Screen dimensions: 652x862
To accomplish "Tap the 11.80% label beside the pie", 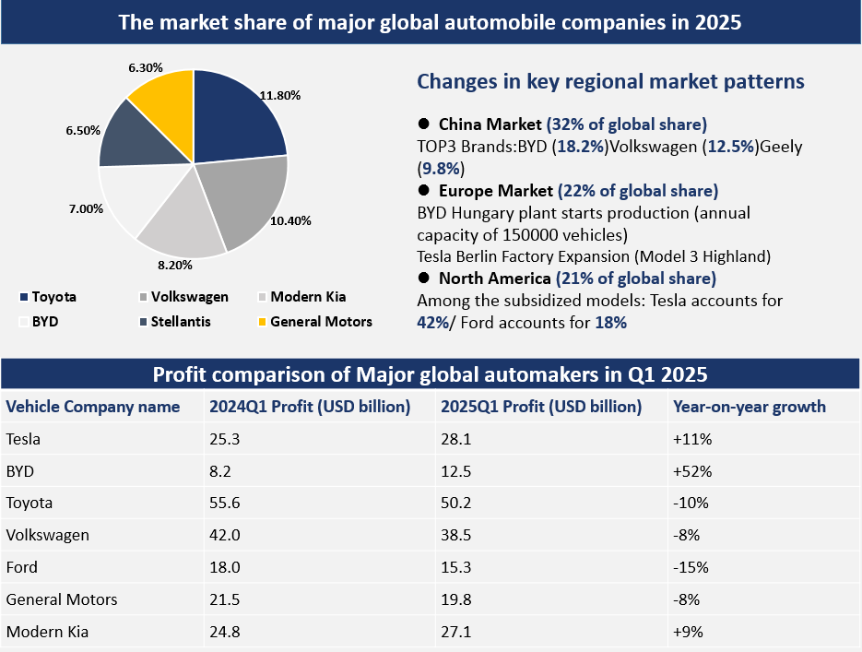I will click(280, 94).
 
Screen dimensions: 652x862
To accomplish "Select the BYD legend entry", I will click(47, 322).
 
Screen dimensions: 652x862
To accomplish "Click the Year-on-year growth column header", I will click(750, 407).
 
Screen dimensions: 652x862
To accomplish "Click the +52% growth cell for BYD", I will click(692, 471).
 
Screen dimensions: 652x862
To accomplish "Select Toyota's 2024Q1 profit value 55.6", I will click(225, 503).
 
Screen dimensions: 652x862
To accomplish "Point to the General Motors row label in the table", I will click(62, 599).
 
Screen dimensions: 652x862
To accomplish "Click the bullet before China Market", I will click(424, 124).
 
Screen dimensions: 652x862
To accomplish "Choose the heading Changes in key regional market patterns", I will click(610, 81).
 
